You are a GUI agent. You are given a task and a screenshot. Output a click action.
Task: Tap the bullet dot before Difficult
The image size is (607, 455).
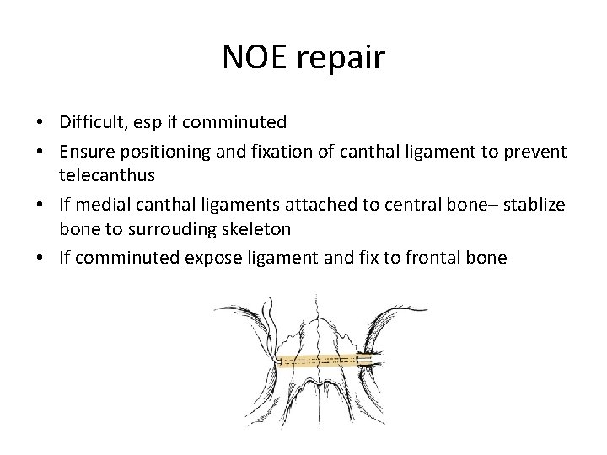click(x=42, y=123)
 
